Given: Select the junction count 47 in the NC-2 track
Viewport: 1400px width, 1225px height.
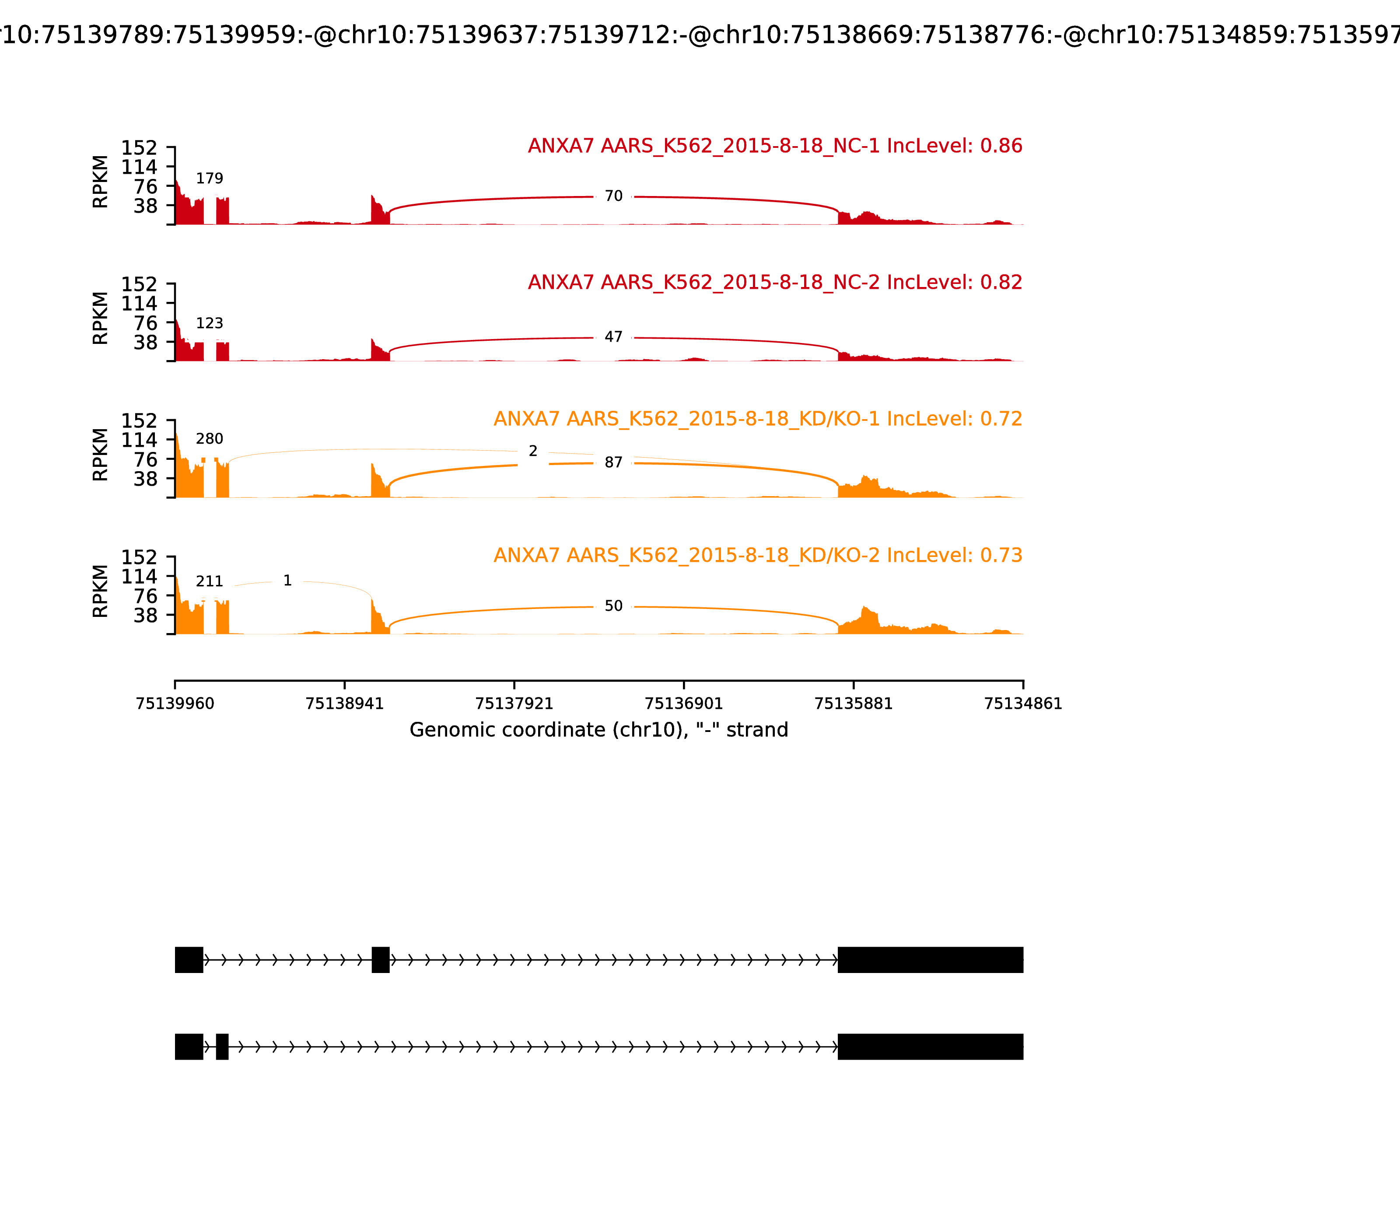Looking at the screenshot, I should tap(613, 337).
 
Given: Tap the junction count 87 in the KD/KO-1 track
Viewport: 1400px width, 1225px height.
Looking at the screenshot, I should tap(613, 463).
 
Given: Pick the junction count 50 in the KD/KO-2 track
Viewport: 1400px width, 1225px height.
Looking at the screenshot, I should tap(613, 606).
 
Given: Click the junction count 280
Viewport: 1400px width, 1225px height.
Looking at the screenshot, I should tap(209, 439).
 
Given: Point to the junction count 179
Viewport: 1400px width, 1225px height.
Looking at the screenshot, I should tap(209, 178).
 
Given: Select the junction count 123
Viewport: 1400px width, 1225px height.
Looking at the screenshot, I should tap(209, 323).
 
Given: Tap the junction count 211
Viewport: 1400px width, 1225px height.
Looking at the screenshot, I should tap(209, 582).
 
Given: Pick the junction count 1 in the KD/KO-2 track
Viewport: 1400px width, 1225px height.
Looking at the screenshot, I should tap(287, 581).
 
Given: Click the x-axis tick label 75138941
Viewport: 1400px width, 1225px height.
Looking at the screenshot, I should tap(345, 703).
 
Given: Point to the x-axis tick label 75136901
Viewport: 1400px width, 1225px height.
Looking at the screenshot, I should tap(683, 703).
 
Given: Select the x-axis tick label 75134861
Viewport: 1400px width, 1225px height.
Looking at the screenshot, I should tap(1023, 703).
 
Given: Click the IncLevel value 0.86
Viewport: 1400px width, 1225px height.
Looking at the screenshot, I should tap(1001, 146).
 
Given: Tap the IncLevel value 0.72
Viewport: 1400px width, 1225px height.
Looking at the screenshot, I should tap(1001, 419).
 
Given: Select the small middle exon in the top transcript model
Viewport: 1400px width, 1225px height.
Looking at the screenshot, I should tap(381, 960).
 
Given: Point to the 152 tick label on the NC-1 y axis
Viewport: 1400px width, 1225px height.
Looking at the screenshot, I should tap(140, 148).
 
